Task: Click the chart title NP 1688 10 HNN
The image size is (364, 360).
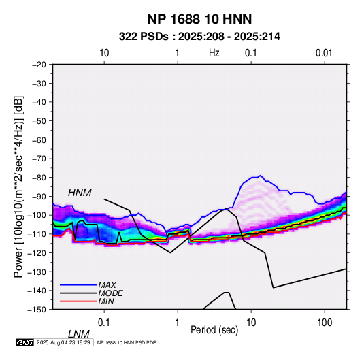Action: tap(199, 19)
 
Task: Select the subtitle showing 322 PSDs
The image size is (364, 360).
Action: tap(199, 37)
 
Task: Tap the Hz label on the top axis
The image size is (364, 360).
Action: tap(214, 53)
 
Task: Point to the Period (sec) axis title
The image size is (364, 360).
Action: tap(214, 330)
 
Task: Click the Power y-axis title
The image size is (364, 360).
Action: tap(18, 187)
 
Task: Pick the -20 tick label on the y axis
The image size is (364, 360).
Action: tap(39, 65)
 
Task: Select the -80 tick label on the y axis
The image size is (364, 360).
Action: tap(39, 178)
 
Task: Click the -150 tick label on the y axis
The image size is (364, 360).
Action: tap(37, 310)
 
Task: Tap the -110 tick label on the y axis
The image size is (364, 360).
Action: tap(37, 234)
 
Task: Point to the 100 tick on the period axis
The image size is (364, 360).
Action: tap(325, 323)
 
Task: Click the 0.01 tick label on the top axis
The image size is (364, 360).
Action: tap(324, 53)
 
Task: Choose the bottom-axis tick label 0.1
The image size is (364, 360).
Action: tap(104, 323)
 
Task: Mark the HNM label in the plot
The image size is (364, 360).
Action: tap(80, 193)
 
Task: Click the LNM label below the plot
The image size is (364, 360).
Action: tap(79, 334)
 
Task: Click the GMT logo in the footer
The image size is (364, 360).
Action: tap(25, 342)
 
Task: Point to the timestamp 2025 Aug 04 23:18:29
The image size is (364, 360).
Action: tap(63, 342)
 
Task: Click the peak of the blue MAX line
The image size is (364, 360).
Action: tap(260, 176)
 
